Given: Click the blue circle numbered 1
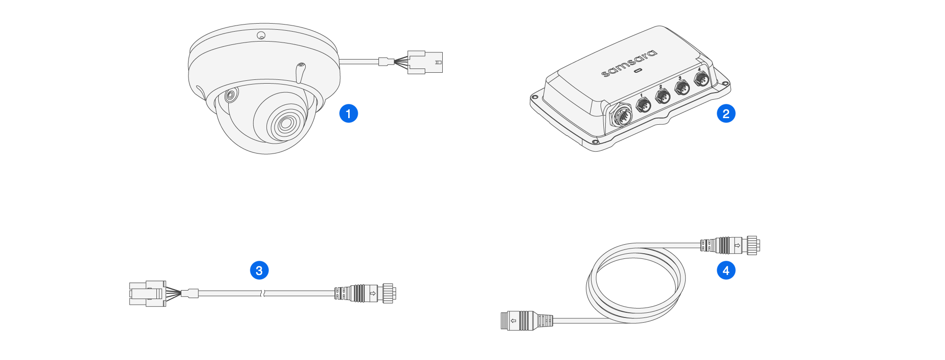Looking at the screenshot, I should [x=349, y=113].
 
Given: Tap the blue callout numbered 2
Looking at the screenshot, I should [x=726, y=113].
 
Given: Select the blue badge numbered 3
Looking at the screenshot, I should [x=259, y=270].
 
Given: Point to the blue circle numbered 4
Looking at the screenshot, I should [x=726, y=270].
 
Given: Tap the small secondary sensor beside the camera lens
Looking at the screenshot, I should [x=230, y=96].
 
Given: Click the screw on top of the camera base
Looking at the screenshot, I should [x=261, y=35].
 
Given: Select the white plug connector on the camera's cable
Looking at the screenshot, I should [x=425, y=62].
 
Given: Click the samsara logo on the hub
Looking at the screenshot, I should [x=629, y=63].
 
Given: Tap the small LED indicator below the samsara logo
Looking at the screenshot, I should [x=638, y=71].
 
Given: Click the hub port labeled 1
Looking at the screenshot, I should [x=644, y=105].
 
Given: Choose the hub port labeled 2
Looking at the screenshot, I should [x=663, y=97].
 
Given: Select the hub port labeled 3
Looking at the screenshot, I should [x=682, y=87].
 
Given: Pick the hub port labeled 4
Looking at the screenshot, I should [x=702, y=79].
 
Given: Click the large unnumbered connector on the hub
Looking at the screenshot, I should [x=620, y=116].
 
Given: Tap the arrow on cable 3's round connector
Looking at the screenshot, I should [x=373, y=293].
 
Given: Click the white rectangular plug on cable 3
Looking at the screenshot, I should [x=147, y=293].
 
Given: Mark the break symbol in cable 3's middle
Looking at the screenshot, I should [x=263, y=293].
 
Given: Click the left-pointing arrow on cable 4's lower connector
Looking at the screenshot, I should [x=513, y=321].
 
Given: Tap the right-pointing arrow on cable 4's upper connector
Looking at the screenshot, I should [x=737, y=245].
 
